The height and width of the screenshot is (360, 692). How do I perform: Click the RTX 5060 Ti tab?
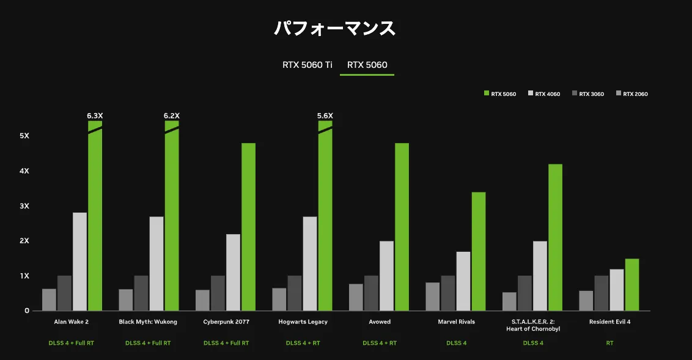[307, 65]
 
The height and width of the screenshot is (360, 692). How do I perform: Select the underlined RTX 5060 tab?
[367, 65]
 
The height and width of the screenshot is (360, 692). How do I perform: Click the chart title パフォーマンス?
[334, 29]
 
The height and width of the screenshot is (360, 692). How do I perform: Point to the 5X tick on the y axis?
[24, 136]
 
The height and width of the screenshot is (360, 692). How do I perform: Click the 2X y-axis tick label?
[24, 241]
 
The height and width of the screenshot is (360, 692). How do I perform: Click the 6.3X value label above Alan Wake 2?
[95, 116]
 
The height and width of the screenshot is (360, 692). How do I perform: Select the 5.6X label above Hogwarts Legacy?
[325, 116]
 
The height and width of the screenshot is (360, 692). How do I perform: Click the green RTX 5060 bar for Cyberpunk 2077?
[248, 226]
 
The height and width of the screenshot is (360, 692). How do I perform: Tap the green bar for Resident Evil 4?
[632, 284]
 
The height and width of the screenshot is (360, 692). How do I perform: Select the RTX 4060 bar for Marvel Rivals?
[463, 281]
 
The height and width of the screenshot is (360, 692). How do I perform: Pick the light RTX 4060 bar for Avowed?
[386, 275]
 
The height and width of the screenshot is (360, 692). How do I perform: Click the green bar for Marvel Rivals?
[479, 251]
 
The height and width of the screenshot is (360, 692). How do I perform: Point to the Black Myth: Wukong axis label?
[148, 321]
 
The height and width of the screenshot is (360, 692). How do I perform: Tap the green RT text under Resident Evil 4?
[609, 343]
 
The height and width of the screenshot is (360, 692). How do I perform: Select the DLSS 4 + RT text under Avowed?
[380, 343]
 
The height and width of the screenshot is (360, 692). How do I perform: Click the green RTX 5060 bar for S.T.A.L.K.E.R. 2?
[555, 237]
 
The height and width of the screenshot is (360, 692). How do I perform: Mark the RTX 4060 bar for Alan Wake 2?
[79, 261]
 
